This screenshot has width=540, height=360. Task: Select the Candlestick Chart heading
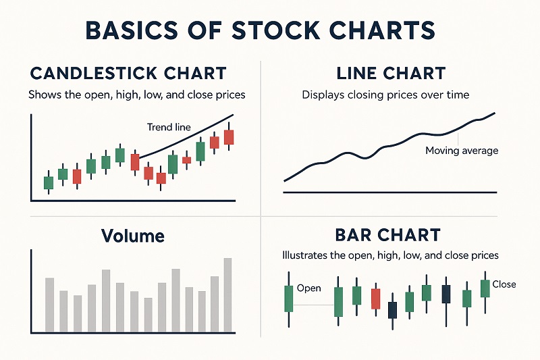point(128,73)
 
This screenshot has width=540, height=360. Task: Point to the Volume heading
point(132,236)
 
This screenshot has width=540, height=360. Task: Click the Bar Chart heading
point(387,236)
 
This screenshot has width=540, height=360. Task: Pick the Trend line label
point(169,127)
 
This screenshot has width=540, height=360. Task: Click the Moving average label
point(462,150)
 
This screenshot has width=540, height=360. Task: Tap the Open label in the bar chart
point(308,288)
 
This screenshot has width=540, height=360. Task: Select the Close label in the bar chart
point(504,284)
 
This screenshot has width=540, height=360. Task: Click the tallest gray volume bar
point(227,294)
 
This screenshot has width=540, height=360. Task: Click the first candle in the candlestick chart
point(48,182)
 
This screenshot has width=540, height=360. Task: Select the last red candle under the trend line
point(229,137)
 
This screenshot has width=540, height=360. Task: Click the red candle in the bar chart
point(375,299)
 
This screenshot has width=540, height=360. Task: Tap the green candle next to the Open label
point(289,298)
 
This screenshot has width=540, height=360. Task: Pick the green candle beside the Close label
point(485,288)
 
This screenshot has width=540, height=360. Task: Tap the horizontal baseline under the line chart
point(390,192)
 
